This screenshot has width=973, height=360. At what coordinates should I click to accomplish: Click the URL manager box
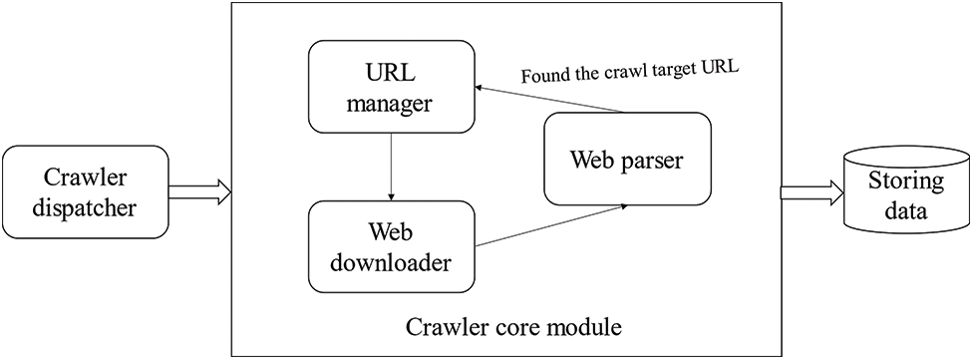coord(391,87)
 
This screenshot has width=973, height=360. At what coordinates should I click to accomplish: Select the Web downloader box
coord(391,248)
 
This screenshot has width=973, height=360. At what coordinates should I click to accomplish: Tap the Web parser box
coord(627,160)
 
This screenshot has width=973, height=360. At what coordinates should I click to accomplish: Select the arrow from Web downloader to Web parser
coord(551,225)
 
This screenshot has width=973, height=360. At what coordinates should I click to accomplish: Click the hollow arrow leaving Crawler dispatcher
coord(199,192)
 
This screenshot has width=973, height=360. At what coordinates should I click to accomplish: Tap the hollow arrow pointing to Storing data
coord(810,192)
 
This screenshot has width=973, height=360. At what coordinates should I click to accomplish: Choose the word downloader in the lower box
coord(391,264)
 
